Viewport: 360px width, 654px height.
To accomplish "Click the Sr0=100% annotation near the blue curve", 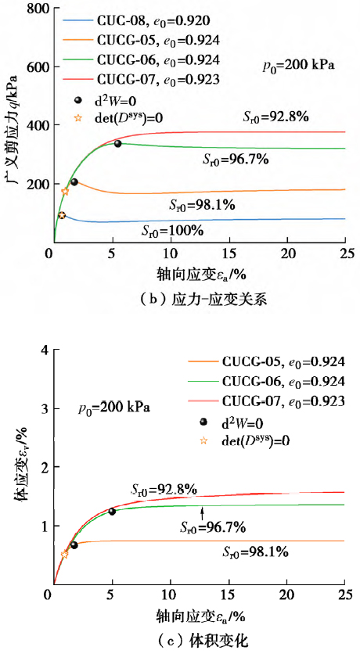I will tap(172, 231).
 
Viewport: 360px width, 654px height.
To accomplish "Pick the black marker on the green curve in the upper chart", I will tap(118, 144).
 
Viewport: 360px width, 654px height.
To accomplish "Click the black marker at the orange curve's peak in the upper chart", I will tap(74, 182).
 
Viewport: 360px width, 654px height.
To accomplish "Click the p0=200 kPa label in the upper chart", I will tap(298, 66).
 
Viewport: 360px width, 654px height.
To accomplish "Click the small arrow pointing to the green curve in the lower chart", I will tap(202, 513).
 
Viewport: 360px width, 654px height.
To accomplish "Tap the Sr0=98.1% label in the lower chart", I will tap(255, 553).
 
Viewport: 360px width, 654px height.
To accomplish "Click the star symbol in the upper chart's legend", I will tap(77, 118).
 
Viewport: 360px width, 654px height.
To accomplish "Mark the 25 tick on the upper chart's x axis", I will tap(344, 254).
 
